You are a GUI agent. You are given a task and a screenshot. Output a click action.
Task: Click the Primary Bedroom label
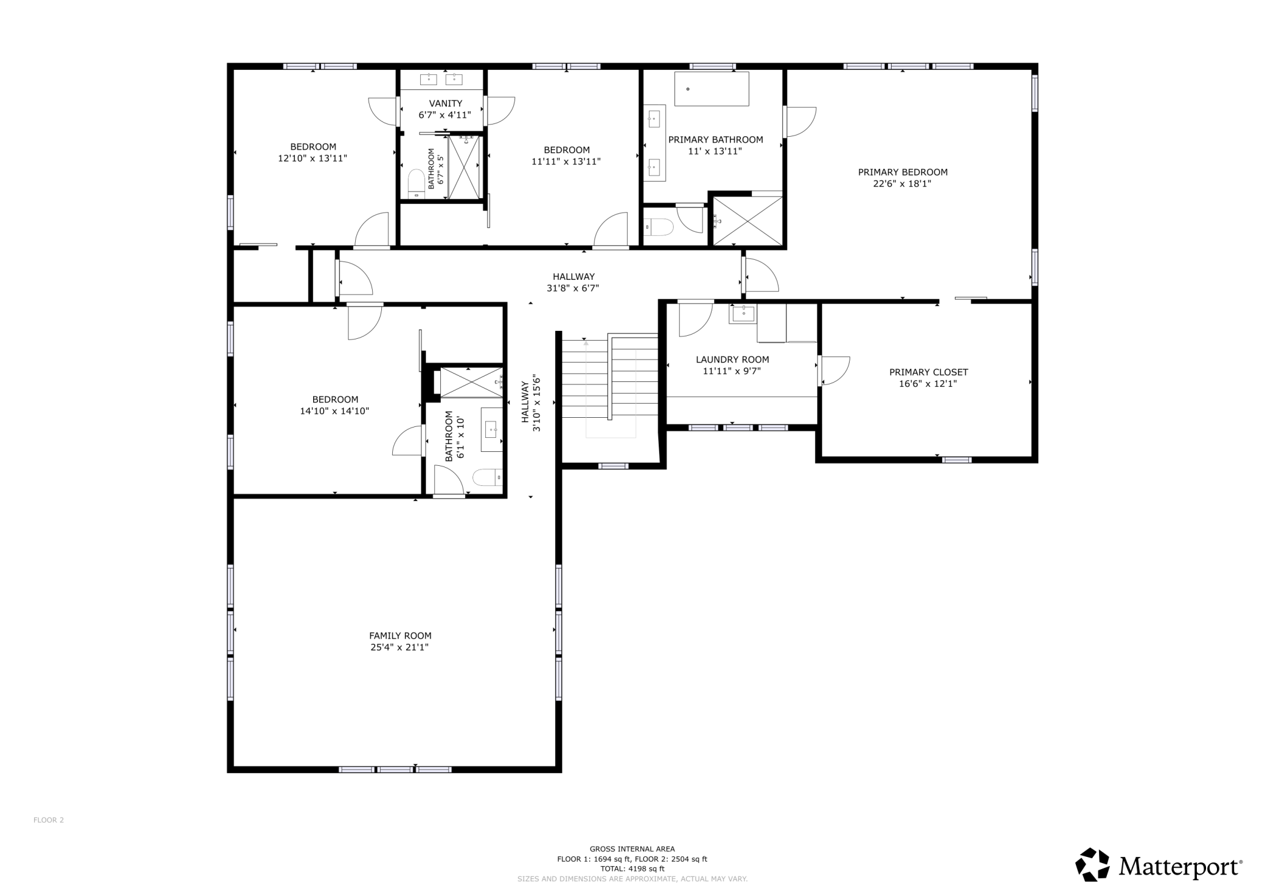click(903, 172)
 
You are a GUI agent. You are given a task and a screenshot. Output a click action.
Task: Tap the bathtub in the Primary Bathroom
click(712, 89)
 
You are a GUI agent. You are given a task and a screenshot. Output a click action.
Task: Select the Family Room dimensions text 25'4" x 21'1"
click(400, 647)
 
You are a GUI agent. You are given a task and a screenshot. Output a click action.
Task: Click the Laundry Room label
click(732, 359)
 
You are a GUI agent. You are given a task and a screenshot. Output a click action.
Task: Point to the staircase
click(609, 377)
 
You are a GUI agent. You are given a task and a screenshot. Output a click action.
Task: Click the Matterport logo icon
click(1092, 864)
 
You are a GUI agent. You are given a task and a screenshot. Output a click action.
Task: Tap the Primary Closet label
click(928, 372)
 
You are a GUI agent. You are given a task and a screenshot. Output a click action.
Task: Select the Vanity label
click(445, 103)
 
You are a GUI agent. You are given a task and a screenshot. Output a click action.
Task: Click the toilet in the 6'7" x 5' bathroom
click(416, 184)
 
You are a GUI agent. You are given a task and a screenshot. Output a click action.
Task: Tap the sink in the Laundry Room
click(743, 314)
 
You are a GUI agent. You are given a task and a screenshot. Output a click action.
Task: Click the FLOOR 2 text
click(49, 820)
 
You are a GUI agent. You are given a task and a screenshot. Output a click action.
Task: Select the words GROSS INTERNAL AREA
click(632, 849)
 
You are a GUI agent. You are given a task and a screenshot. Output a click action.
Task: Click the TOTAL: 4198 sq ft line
click(632, 869)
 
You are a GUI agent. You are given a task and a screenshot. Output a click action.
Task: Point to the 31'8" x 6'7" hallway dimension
click(572, 288)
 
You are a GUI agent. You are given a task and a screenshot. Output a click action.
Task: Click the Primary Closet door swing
click(834, 370)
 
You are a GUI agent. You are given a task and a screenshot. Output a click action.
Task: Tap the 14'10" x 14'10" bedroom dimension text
click(334, 411)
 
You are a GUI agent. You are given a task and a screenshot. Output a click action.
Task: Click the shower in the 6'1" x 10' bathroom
click(471, 383)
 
